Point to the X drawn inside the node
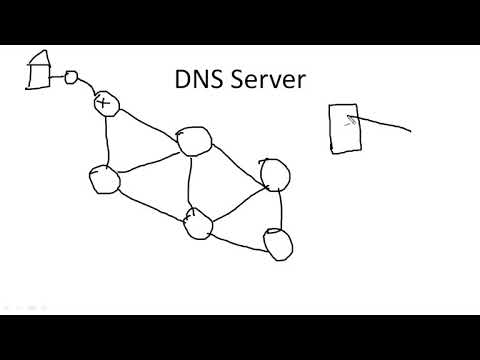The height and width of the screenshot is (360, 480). (x=102, y=102)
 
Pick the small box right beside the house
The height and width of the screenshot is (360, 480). (x=71, y=76)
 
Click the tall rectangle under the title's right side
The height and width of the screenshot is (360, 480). (x=346, y=129)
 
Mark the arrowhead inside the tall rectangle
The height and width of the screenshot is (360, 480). (x=349, y=118)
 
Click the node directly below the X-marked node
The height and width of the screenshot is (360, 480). (x=103, y=180)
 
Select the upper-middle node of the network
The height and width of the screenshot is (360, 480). (x=193, y=141)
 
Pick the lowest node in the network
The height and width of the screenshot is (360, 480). (x=277, y=243)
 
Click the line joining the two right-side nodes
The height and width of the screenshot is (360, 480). (x=280, y=209)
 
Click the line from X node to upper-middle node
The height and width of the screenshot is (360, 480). (x=149, y=121)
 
